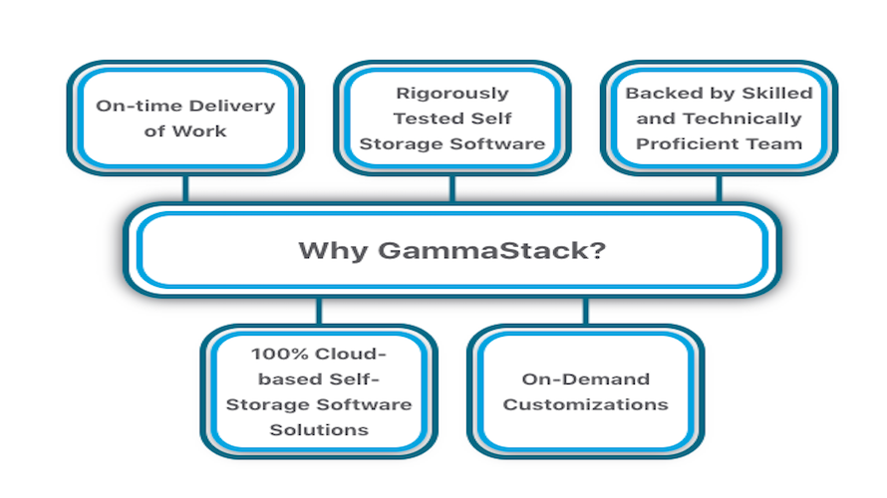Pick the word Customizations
click(585, 404)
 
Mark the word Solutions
click(319, 430)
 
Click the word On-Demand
click(585, 378)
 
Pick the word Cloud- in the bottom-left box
click(350, 354)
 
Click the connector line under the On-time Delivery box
click(185, 188)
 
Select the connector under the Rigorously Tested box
click(451, 188)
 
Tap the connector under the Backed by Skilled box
click(718, 188)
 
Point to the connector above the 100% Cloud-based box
click(319, 310)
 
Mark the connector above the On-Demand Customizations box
click(585, 310)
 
